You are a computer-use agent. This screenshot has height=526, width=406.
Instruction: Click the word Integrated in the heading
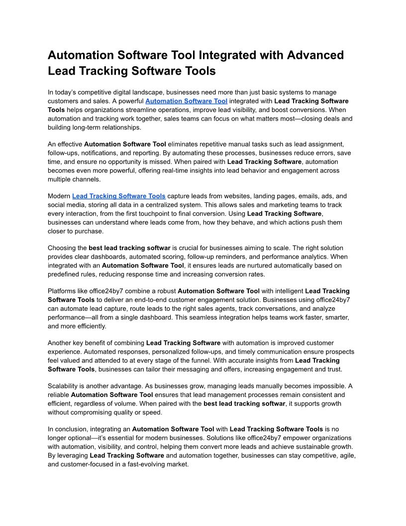(x=236, y=55)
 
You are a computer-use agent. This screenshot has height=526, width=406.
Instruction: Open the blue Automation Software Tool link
(x=186, y=101)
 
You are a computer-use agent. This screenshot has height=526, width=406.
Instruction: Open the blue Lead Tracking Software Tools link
(x=119, y=196)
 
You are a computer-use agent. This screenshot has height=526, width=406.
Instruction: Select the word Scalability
(x=64, y=386)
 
